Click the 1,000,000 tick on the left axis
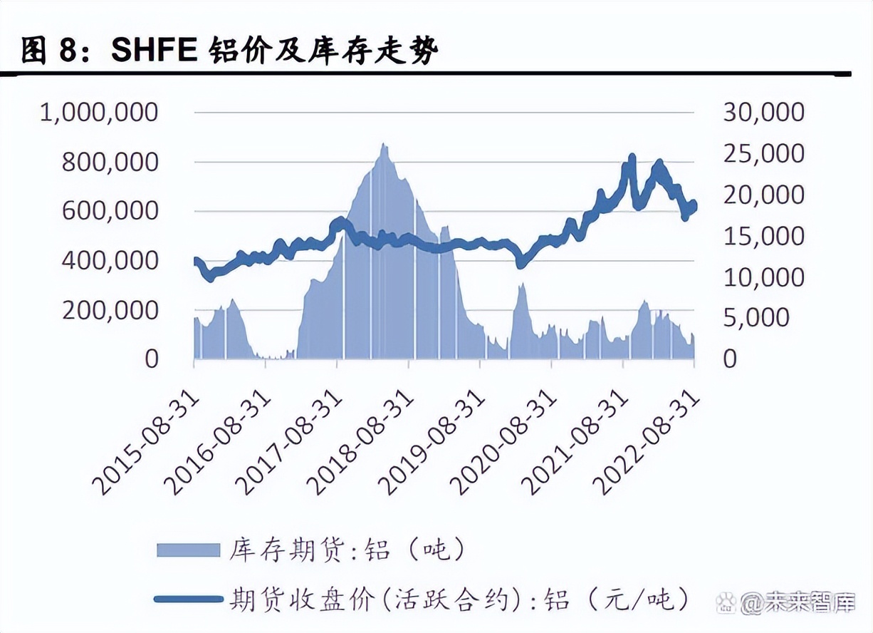pos(99,113)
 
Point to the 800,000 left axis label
pos(110,163)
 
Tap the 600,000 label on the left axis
pos(110,211)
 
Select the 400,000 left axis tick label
pos(110,261)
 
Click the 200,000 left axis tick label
pos(110,311)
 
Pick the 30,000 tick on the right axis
pos(764,113)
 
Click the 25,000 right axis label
pos(764,154)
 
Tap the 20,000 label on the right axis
pos(764,195)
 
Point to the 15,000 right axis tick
pos(764,236)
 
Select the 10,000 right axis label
pos(764,277)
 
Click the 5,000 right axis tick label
pos(757,318)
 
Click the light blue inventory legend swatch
pos(188,549)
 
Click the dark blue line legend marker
pos(188,599)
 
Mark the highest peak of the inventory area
pos(384,145)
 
